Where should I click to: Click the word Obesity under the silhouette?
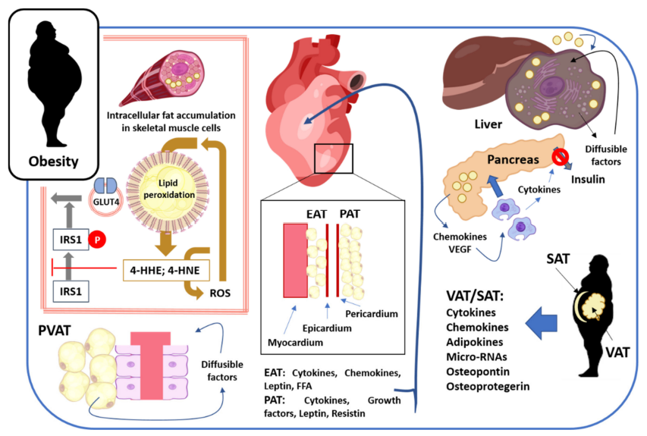tap(52, 161)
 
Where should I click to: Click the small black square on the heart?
tap(332, 158)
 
